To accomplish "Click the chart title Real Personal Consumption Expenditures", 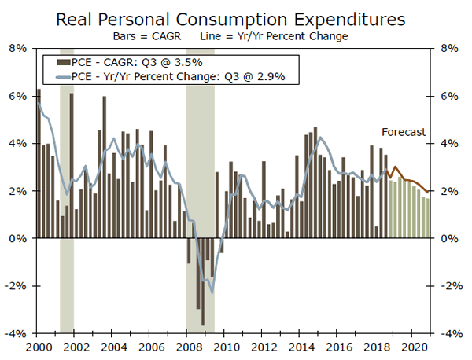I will coord(236,17).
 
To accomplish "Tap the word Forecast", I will coord(404,132).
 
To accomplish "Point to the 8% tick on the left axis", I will coord(17,48).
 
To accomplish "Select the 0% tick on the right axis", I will coord(447,238).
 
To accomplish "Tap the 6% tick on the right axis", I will coord(447,96).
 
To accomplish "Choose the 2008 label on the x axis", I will coord(186,346).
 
